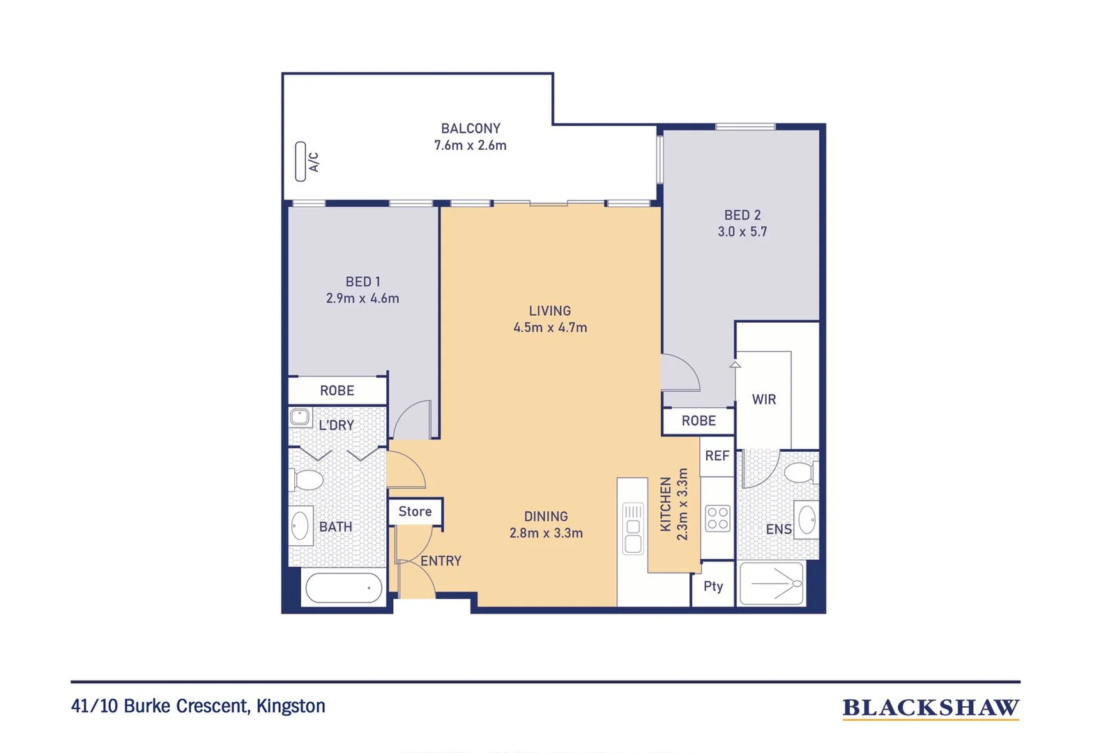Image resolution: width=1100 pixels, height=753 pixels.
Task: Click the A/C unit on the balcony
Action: click(x=300, y=162)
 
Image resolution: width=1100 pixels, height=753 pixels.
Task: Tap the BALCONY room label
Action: click(x=471, y=129)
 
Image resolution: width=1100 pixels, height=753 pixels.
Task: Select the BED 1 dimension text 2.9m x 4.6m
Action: click(x=362, y=298)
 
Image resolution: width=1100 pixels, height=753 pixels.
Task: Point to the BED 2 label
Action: click(x=742, y=215)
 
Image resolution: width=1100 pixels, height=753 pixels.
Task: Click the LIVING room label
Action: click(x=549, y=311)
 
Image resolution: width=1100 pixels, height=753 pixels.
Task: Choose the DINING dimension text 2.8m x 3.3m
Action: click(x=546, y=533)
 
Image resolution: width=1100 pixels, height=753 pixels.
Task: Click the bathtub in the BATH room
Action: click(x=344, y=588)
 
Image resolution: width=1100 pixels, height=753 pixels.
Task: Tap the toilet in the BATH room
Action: click(x=306, y=480)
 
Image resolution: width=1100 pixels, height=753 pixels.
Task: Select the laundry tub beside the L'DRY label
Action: click(x=300, y=418)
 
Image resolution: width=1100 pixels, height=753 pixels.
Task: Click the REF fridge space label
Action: click(x=717, y=456)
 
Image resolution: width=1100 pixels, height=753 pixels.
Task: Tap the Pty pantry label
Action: click(x=713, y=586)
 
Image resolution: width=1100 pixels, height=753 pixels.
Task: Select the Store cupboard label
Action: click(x=415, y=511)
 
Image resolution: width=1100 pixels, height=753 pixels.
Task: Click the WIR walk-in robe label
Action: click(x=763, y=400)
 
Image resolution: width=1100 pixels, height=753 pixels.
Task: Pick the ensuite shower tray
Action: click(x=772, y=584)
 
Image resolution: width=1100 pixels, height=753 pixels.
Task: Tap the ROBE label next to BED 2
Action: click(x=698, y=421)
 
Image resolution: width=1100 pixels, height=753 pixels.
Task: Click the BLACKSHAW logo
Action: click(x=931, y=709)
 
